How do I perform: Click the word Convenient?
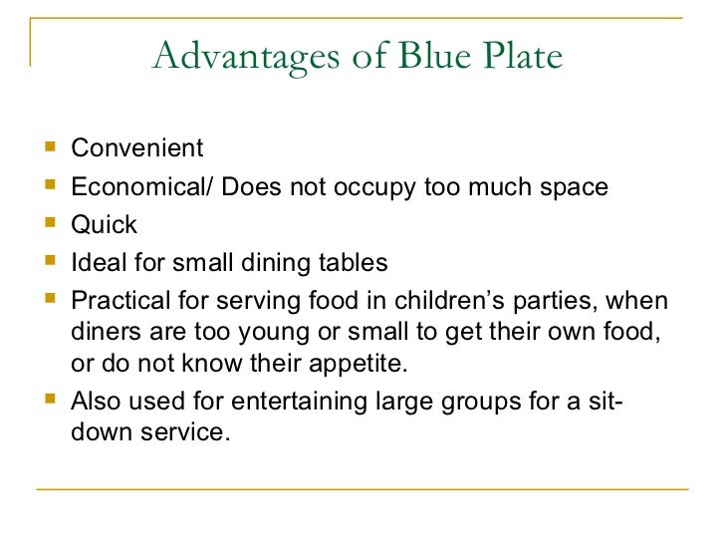pos(136,149)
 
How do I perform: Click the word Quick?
pos(104,225)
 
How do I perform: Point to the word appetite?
pos(356,364)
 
